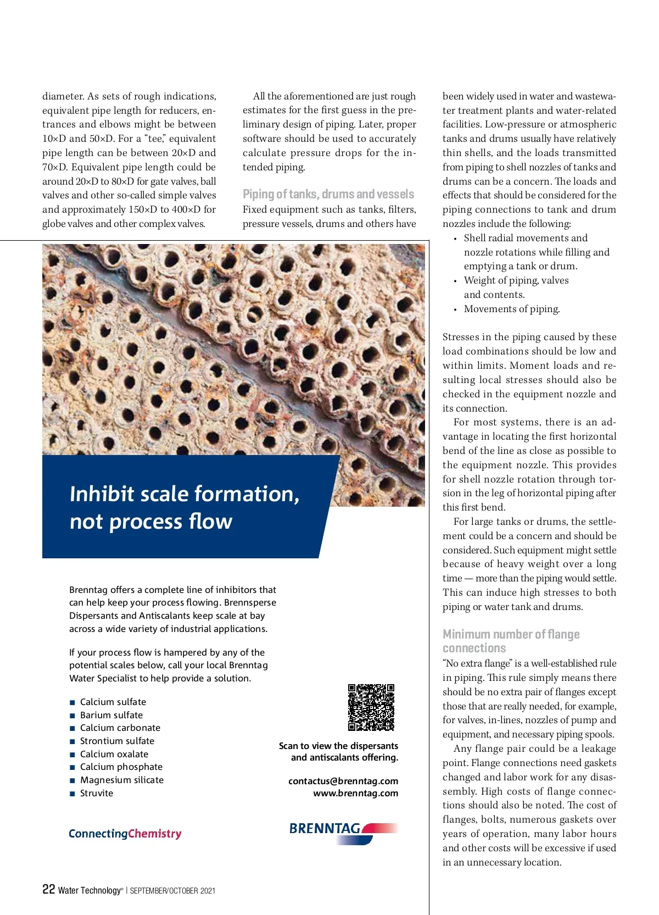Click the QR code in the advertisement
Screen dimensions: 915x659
click(371, 707)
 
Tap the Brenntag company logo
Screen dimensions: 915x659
click(343, 832)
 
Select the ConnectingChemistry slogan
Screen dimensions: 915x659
click(125, 834)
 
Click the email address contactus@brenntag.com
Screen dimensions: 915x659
click(343, 781)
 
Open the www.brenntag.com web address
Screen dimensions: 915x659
click(355, 793)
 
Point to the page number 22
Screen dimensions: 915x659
click(48, 889)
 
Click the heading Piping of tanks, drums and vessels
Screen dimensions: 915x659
click(328, 194)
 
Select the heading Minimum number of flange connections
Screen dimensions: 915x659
click(511, 641)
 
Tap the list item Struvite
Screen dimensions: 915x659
click(97, 793)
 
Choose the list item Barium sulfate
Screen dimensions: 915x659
click(111, 715)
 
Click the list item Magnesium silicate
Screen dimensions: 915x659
click(122, 780)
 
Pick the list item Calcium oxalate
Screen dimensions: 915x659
click(114, 754)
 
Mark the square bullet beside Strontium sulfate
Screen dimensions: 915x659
click(72, 741)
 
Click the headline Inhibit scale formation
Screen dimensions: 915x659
click(185, 493)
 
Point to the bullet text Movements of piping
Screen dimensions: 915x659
click(512, 309)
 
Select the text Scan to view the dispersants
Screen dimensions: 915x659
click(338, 746)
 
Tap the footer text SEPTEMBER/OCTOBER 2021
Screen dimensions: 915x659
click(172, 891)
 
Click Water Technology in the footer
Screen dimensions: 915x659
click(89, 890)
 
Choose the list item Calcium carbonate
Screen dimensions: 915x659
click(120, 728)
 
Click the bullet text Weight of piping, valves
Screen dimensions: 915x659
click(516, 280)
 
